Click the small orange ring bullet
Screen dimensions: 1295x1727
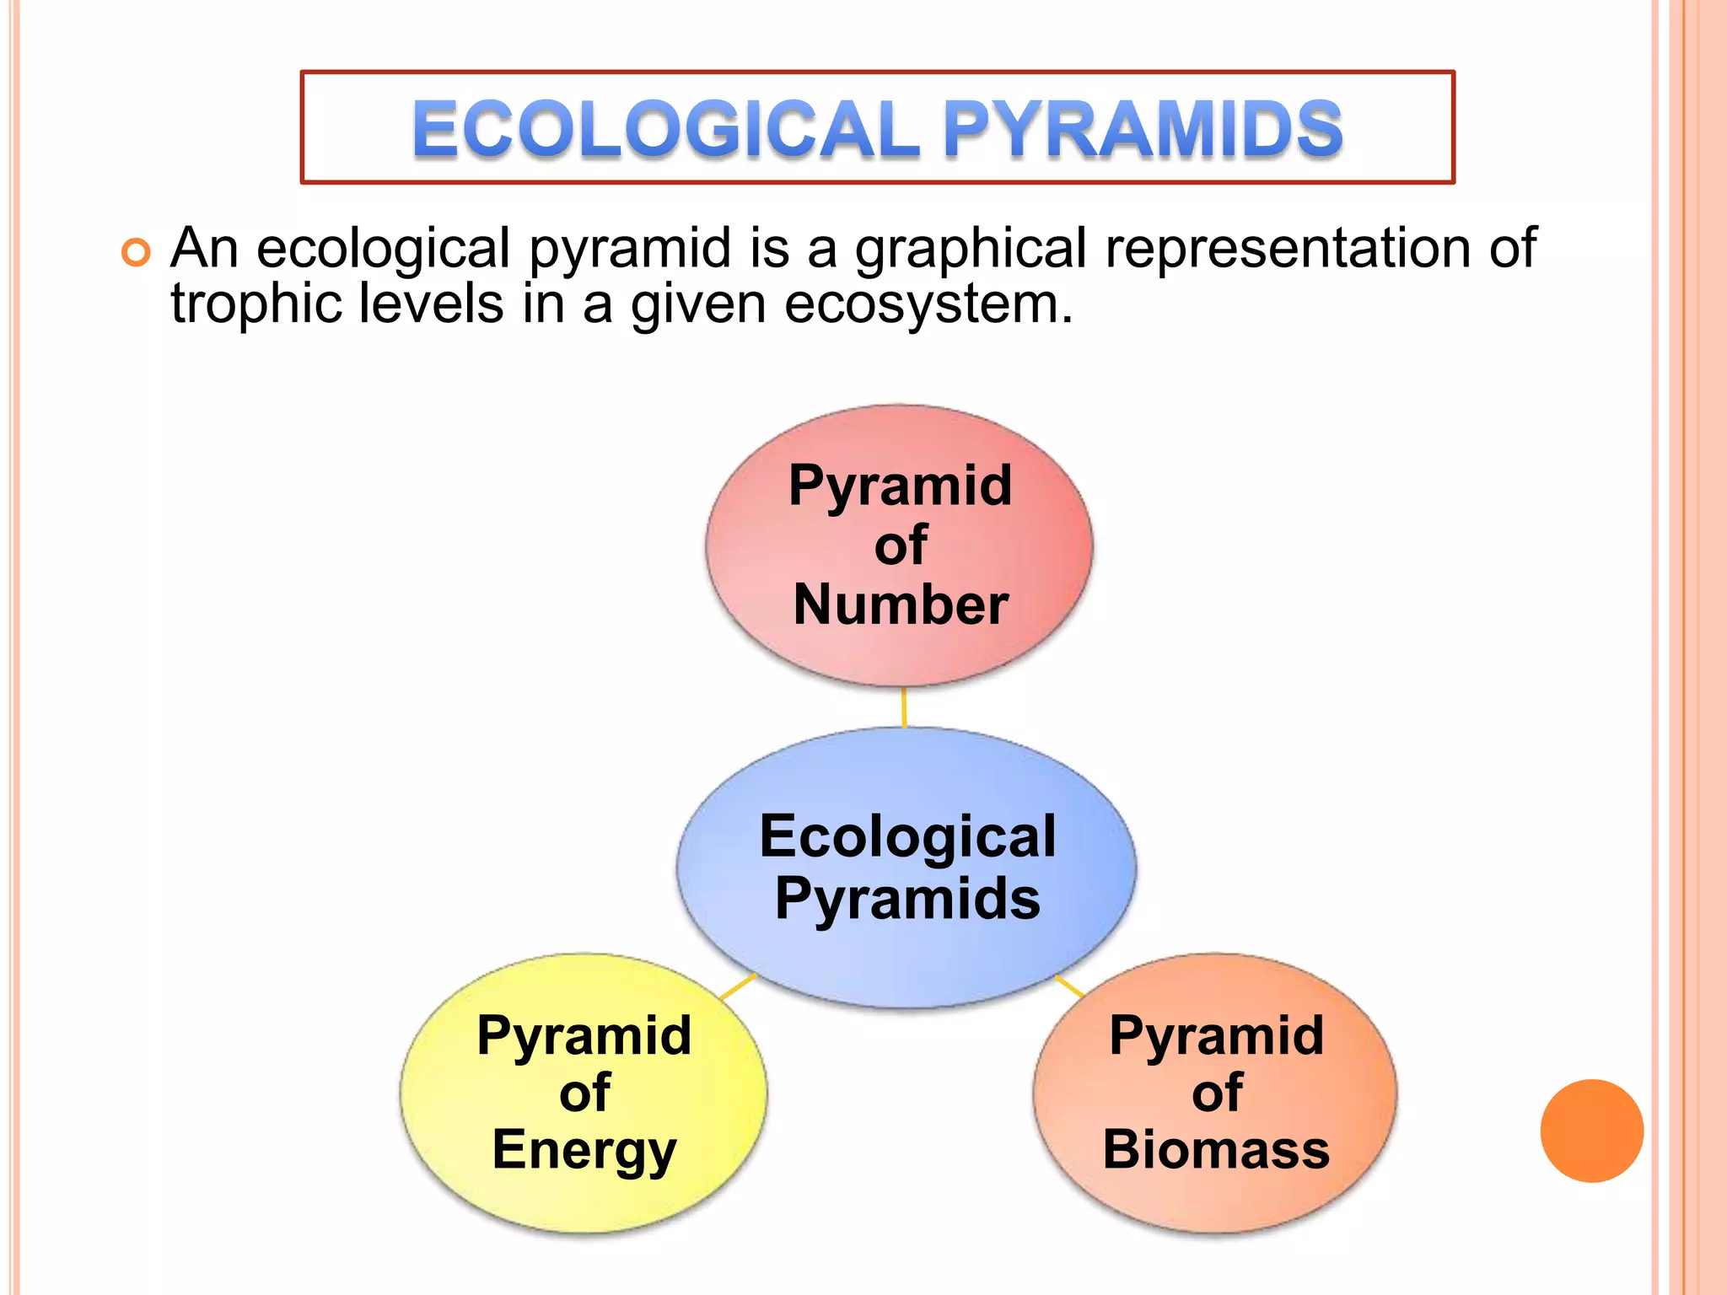(136, 252)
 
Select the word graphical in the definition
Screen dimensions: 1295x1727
(971, 250)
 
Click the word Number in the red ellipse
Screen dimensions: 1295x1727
(901, 605)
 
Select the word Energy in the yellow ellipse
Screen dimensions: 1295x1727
(584, 1151)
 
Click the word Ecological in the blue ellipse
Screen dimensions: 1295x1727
(907, 836)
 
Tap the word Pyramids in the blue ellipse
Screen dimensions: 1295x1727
(907, 899)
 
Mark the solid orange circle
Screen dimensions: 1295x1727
(1591, 1131)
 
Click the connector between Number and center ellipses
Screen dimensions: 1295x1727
(904, 707)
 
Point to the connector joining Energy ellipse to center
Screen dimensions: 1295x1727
(738, 986)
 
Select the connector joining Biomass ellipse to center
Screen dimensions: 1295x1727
(1069, 986)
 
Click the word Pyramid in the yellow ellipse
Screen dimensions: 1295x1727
(584, 1035)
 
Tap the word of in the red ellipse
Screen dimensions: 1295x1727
(901, 545)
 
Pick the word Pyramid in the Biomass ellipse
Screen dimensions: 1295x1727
(1216, 1035)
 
